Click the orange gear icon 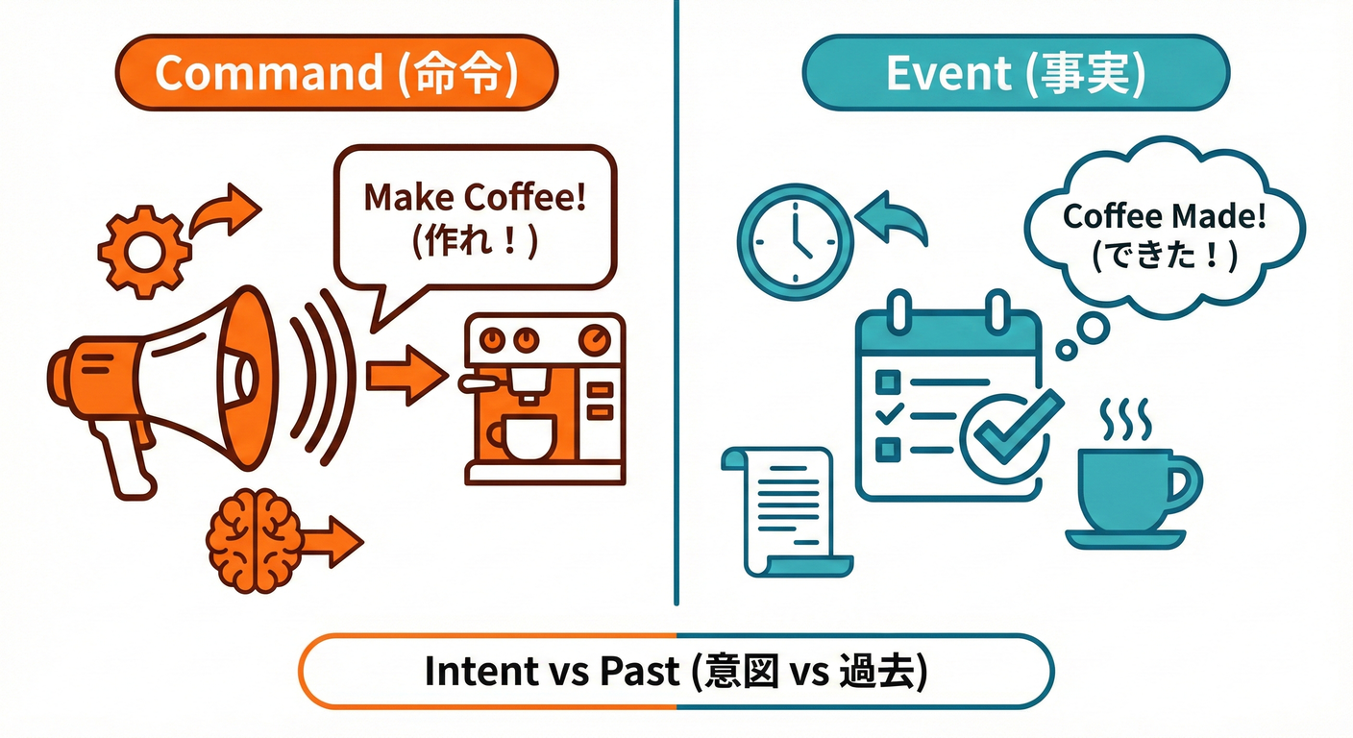144,251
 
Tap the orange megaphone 163,384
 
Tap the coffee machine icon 543,399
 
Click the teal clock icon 795,239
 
